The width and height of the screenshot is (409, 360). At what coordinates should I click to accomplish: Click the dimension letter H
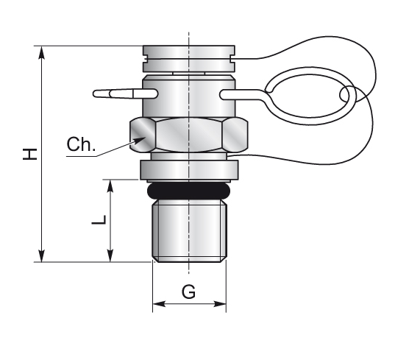pyautogui.click(x=29, y=154)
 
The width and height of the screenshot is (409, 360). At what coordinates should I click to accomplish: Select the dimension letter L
pyautogui.click(x=99, y=220)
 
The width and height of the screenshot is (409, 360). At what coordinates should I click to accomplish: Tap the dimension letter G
pyautogui.click(x=188, y=292)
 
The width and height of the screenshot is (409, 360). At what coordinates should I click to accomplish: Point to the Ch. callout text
pyautogui.click(x=81, y=144)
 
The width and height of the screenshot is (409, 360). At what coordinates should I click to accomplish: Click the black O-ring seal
pyautogui.click(x=188, y=191)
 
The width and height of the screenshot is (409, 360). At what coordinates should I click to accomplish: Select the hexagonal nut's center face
pyautogui.click(x=188, y=135)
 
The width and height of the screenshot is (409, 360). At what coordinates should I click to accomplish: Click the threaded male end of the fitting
pyautogui.click(x=189, y=230)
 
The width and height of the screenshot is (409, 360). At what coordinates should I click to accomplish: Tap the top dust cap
pyautogui.click(x=189, y=59)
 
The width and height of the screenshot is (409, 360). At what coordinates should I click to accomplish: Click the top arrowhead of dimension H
pyautogui.click(x=41, y=53)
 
